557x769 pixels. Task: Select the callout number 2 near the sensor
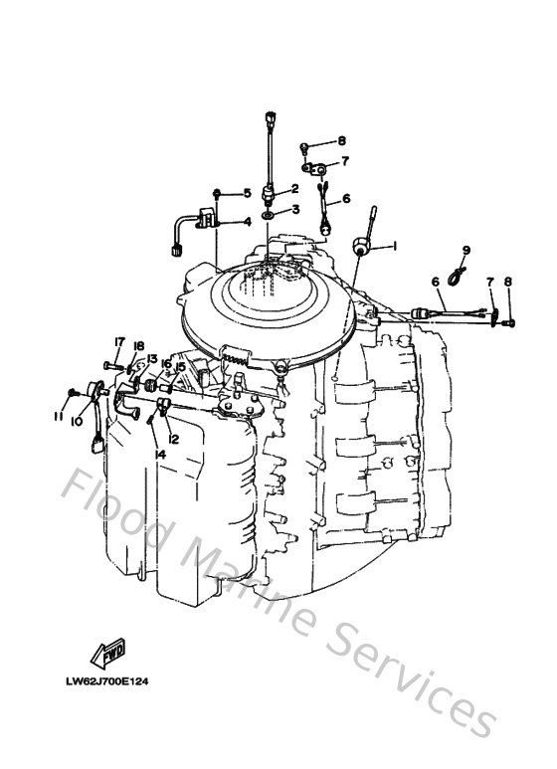click(294, 188)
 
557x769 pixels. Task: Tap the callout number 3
click(294, 210)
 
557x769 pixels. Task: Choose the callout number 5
click(247, 192)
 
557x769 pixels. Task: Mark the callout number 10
click(77, 421)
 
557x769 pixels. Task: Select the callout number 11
click(59, 417)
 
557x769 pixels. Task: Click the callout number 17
click(118, 343)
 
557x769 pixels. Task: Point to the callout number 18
click(139, 346)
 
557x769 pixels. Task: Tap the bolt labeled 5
click(219, 193)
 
